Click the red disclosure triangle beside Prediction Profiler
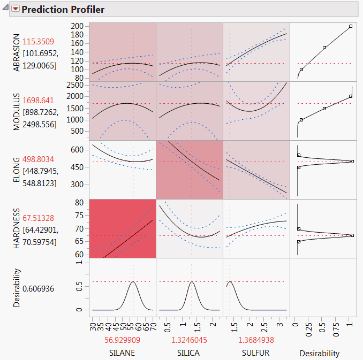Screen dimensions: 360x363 pos(15,9)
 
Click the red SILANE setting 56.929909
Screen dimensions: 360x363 pos(123,340)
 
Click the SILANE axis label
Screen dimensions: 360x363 pos(123,353)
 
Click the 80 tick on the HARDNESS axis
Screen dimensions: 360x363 pos(81,203)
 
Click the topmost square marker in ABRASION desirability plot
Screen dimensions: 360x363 pos(351,26)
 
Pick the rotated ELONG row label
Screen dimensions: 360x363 pos(16,170)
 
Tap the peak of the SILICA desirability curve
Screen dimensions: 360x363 pos(192,281)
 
